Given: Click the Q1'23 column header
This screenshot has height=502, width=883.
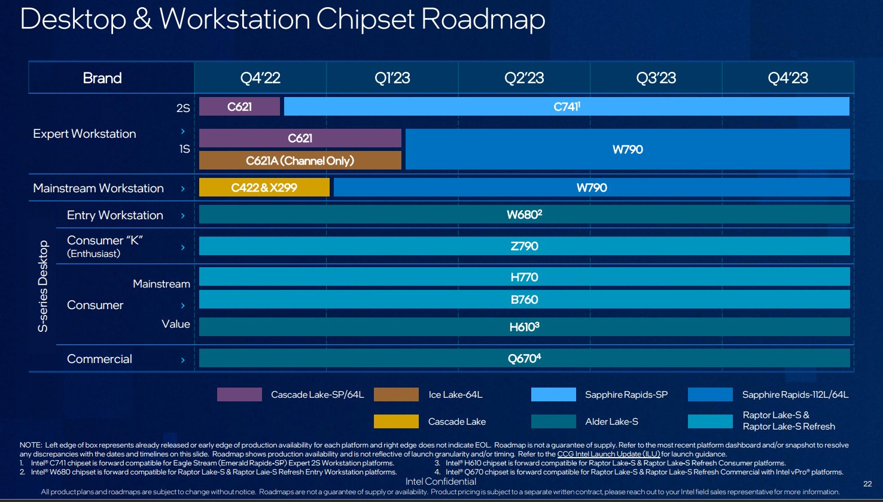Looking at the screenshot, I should point(392,78).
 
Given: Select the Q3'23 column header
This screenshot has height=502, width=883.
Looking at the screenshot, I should point(656,78).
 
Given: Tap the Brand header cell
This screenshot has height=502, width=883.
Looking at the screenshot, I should point(102,78).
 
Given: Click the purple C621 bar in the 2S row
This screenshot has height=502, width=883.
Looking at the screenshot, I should point(239,107).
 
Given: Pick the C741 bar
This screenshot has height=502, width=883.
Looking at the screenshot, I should point(567,107).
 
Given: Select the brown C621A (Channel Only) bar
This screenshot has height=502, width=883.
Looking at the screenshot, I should point(300,161).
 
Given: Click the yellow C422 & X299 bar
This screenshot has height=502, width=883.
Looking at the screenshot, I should point(264,188).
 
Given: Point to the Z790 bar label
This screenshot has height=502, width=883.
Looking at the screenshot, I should point(524,246).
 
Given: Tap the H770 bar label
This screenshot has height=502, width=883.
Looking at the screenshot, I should point(524,277).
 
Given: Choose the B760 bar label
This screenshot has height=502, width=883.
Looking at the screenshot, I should point(524,300).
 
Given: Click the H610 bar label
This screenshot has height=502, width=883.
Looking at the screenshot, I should point(524,326).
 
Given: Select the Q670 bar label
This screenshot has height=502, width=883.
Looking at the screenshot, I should point(524,358).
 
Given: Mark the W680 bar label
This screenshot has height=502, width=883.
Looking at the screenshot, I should point(524,214).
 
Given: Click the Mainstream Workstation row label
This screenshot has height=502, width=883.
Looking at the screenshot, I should point(98,188).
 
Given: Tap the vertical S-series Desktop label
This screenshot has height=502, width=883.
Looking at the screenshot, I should point(43,286).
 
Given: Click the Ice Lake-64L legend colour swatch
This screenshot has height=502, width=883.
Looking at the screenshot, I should point(396,394).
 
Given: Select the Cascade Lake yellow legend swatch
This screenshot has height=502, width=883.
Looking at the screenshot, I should point(396,421).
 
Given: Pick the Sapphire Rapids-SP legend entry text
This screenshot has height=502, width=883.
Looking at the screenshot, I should point(626,394).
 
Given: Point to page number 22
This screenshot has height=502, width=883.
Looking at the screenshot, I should point(867,483).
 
